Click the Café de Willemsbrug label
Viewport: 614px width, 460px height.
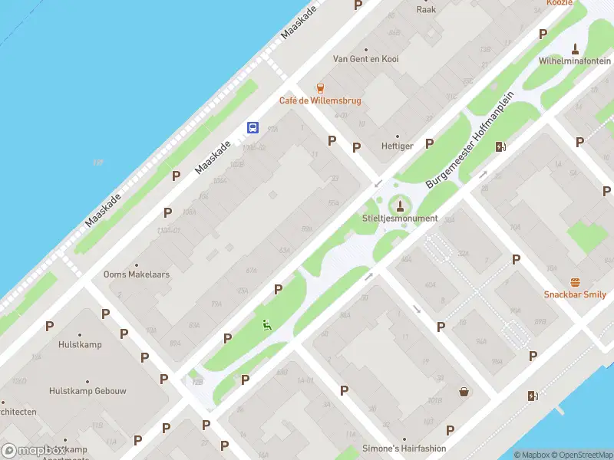[x=319, y=100]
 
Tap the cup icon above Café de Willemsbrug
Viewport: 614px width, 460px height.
[x=320, y=88]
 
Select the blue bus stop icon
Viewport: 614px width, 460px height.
[x=253, y=128]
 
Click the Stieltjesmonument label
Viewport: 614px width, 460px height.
[x=399, y=219]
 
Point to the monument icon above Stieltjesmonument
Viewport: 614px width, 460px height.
[x=399, y=205]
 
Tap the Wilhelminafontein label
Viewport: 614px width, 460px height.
[x=574, y=60]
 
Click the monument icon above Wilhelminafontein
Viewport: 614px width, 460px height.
[x=574, y=48]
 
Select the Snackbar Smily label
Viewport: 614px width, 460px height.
[x=575, y=294]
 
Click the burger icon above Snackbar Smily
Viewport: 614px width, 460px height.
[x=575, y=281]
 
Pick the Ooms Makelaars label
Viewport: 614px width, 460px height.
[x=137, y=274]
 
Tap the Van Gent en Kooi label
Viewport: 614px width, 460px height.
[x=366, y=58]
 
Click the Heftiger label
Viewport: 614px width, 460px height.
[x=398, y=146]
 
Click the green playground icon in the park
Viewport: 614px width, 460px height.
[x=267, y=324]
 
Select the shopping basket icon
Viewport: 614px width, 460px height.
[x=464, y=392]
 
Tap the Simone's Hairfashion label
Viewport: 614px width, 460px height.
[x=403, y=449]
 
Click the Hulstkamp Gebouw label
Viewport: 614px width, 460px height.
[x=87, y=390]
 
